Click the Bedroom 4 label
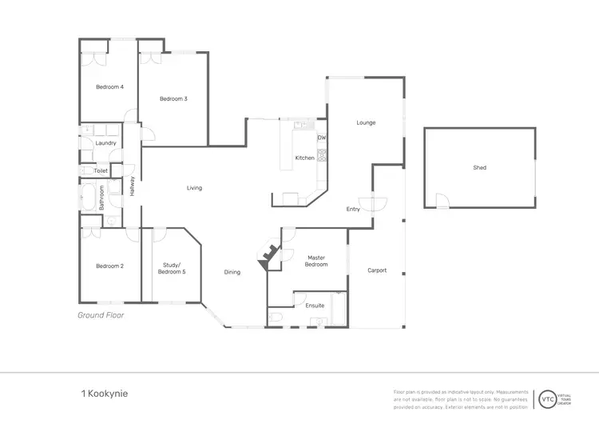109,87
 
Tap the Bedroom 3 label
173,99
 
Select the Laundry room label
105,143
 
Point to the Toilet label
101,170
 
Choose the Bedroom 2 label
109,266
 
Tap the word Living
194,188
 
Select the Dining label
232,272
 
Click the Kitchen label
304,158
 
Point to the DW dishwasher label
321,138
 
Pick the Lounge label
366,122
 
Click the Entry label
353,209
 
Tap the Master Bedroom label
317,261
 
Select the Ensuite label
315,305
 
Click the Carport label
377,270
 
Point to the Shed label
479,168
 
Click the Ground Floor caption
101,315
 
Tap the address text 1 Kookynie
104,394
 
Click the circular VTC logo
548,398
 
